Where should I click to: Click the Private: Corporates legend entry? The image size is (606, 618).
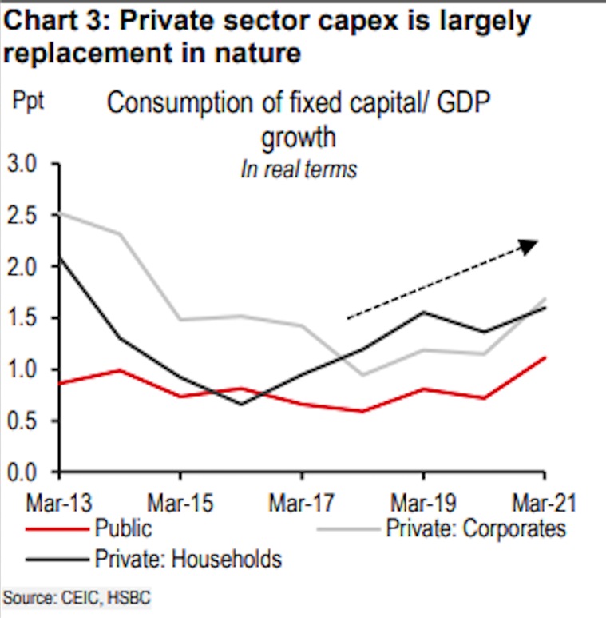tap(475, 528)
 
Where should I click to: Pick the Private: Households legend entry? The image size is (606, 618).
tap(188, 557)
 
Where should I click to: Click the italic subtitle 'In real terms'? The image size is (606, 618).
tap(299, 169)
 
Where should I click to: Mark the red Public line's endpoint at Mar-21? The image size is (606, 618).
tap(545, 357)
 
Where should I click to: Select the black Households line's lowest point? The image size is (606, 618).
tap(242, 404)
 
